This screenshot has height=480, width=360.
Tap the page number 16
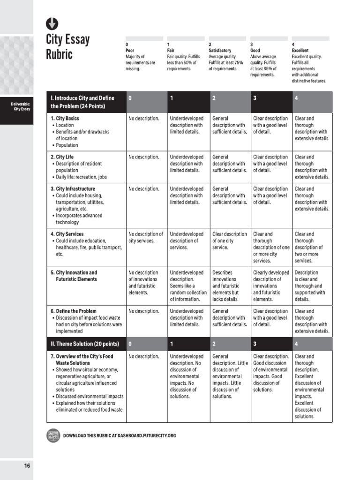27,465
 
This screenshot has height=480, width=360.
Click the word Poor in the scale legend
130,50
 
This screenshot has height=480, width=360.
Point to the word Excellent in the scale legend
300,50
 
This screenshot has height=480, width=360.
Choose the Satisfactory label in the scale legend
220,50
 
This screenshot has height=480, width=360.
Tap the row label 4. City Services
67,234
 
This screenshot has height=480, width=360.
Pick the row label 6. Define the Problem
73,311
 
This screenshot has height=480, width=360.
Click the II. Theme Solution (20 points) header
84,344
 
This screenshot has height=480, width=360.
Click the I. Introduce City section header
82,102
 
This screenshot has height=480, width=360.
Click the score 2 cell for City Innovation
228,285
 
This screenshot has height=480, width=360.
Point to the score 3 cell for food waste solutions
271,373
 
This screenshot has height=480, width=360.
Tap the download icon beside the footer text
53,435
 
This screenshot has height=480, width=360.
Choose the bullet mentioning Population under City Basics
67,145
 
